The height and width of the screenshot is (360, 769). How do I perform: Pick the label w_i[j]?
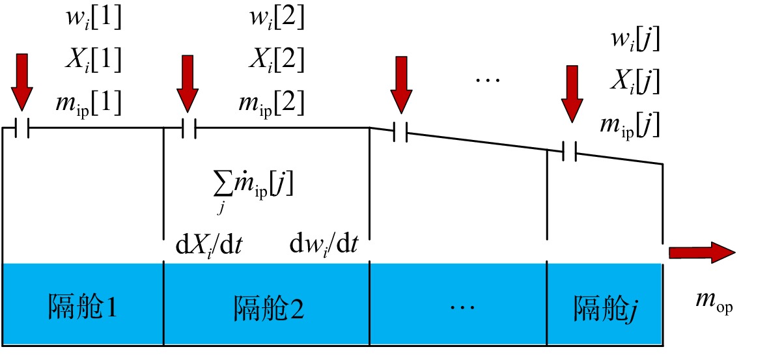click(634, 40)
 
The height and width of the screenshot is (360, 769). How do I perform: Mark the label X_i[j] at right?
click(634, 82)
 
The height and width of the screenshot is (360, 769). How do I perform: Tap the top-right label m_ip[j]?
click(629, 126)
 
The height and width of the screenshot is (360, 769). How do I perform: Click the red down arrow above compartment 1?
click(21, 82)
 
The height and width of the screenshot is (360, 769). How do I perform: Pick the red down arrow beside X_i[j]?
click(572, 94)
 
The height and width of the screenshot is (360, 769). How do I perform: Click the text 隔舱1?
click(83, 308)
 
